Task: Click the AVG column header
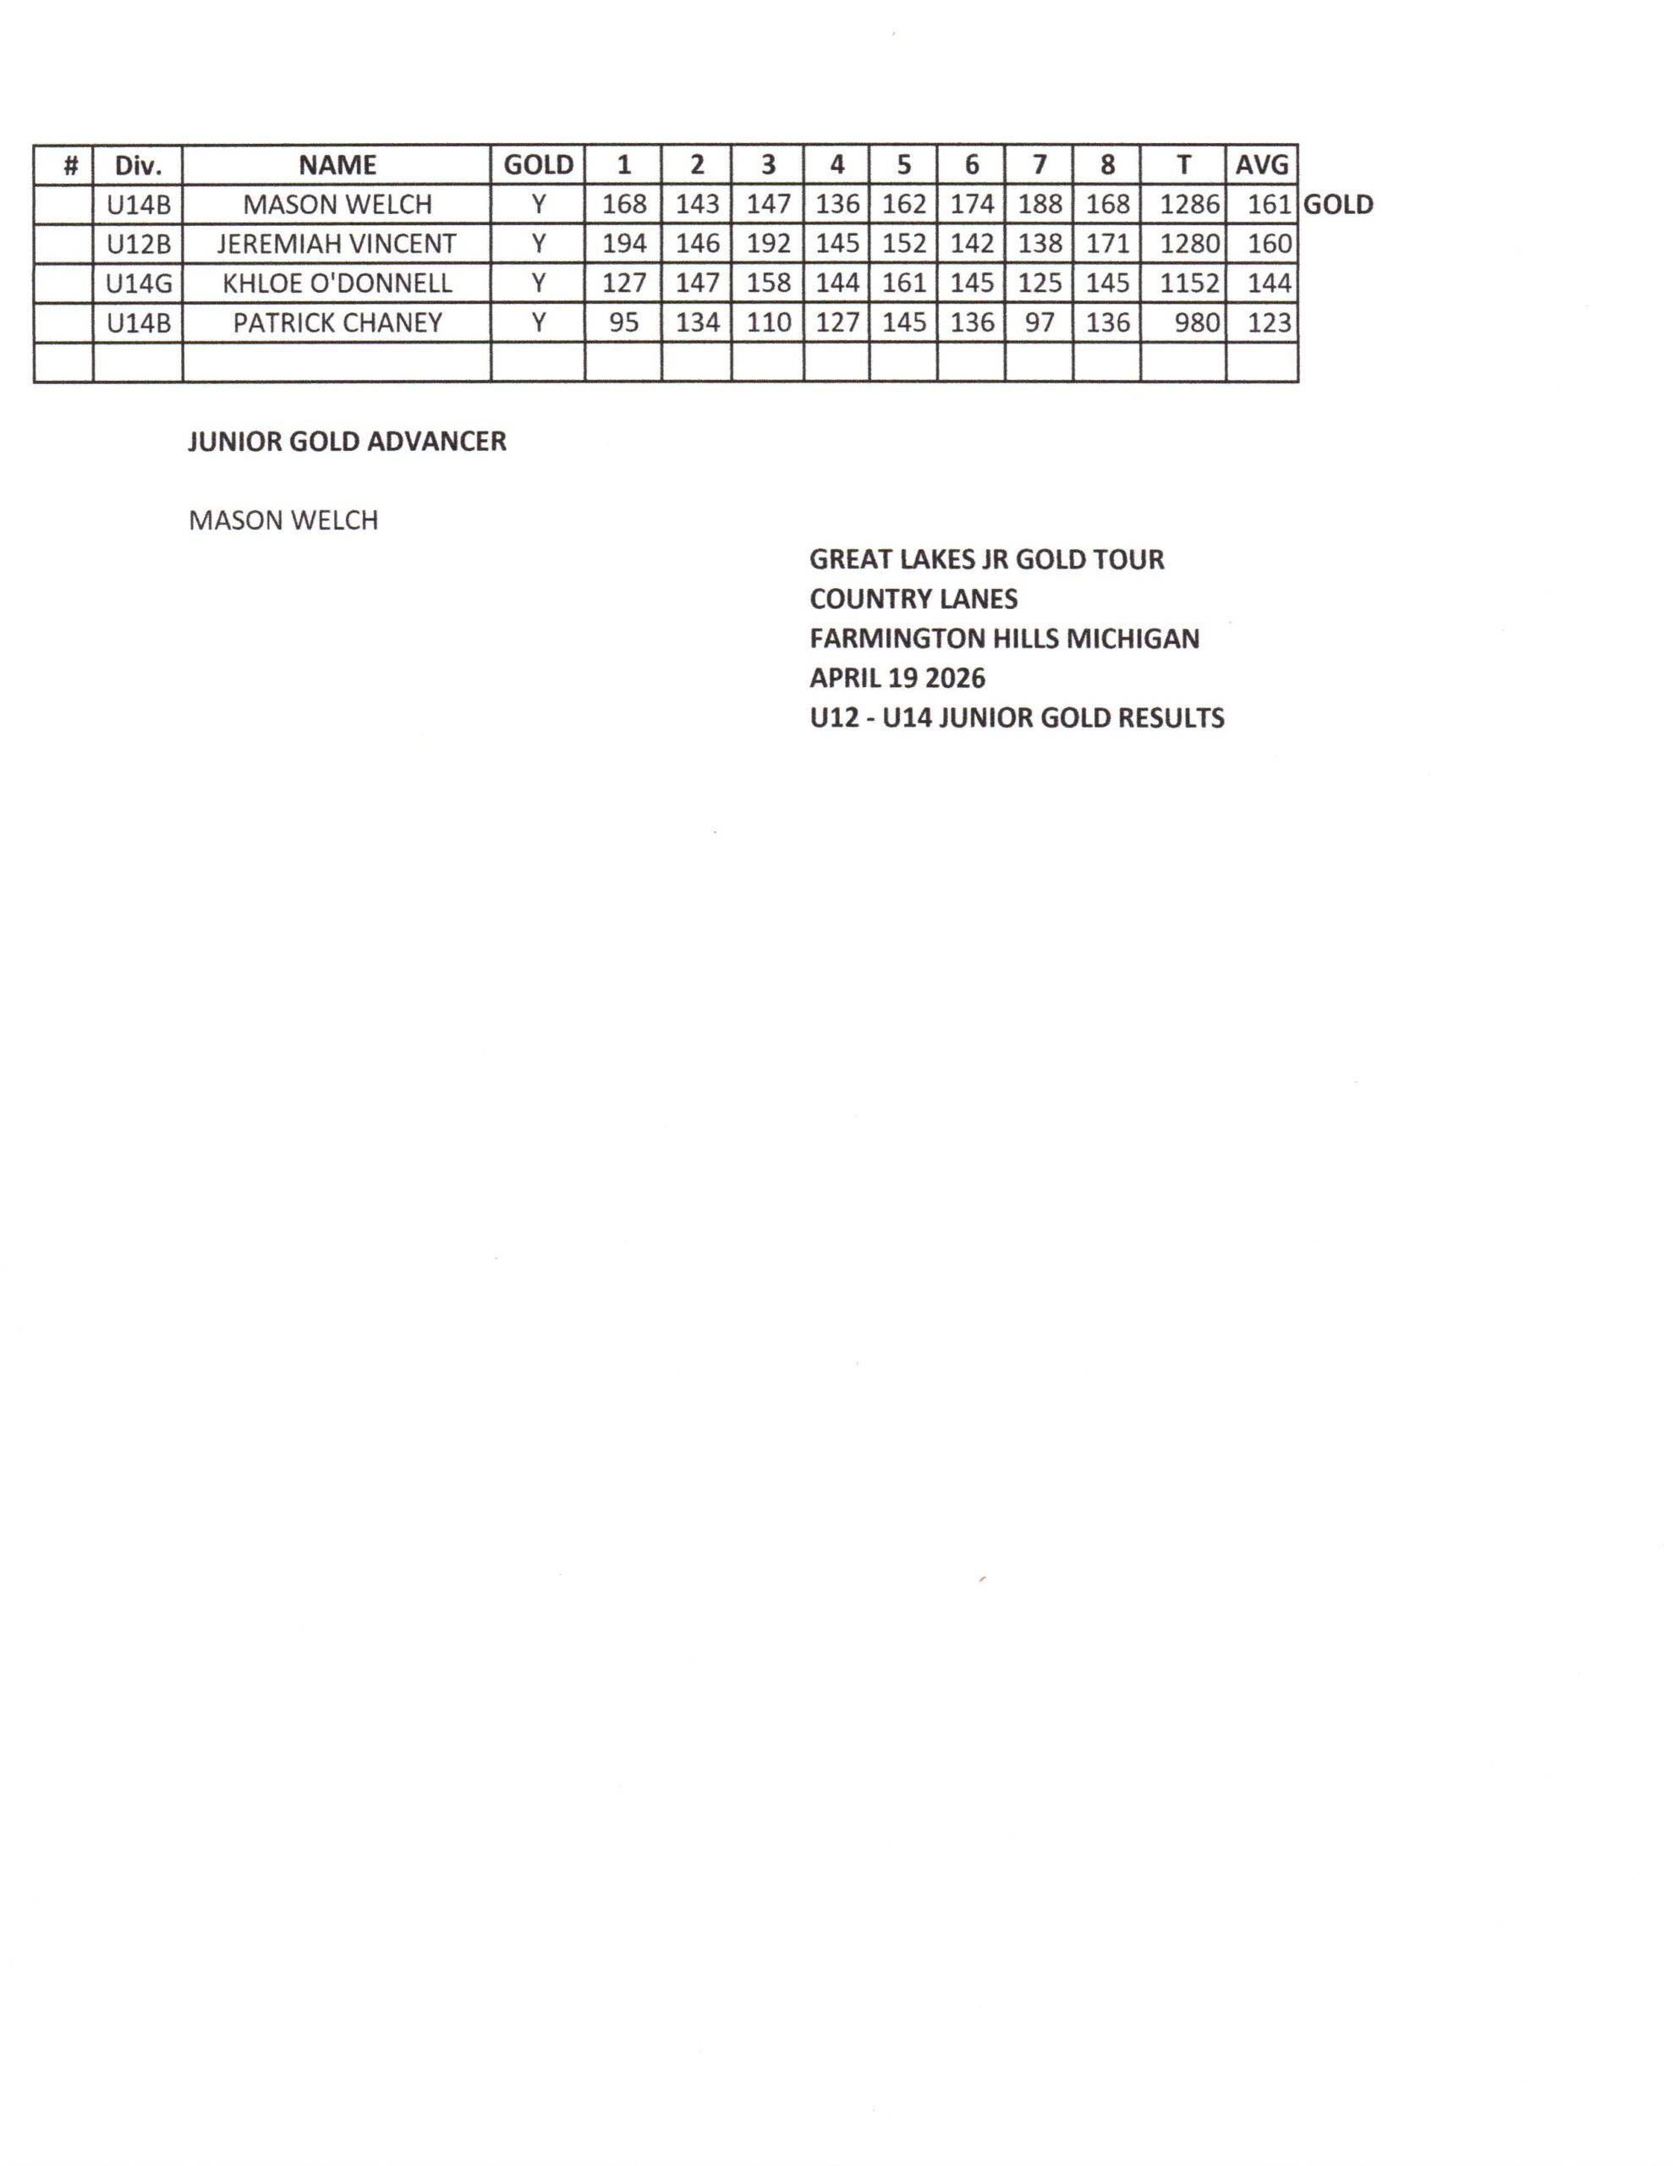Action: coord(1260,165)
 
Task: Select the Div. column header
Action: coord(138,165)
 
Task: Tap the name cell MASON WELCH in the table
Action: coord(337,204)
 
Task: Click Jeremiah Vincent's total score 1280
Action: coord(1189,244)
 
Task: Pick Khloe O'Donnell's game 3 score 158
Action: coord(768,283)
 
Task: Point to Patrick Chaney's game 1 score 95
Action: coord(623,323)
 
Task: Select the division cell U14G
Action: coord(138,283)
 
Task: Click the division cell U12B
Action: coord(138,244)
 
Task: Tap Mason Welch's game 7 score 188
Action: coord(1039,204)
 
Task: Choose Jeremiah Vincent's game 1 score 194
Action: coord(623,244)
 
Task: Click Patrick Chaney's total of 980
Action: coord(1196,323)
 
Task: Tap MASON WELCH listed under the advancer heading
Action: coord(283,520)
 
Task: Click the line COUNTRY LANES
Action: coord(913,599)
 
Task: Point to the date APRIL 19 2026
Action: coord(897,679)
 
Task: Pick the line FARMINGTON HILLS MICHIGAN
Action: coord(1004,639)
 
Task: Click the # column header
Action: coord(70,165)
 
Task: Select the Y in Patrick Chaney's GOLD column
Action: coord(537,323)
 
